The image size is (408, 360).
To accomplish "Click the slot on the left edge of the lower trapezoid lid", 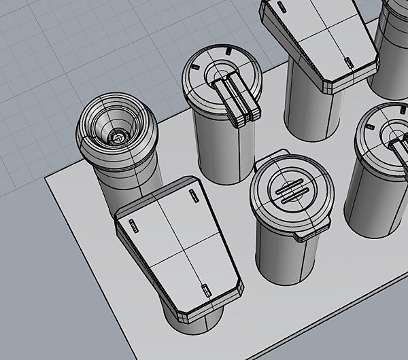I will pyautogui.click(x=133, y=223).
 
